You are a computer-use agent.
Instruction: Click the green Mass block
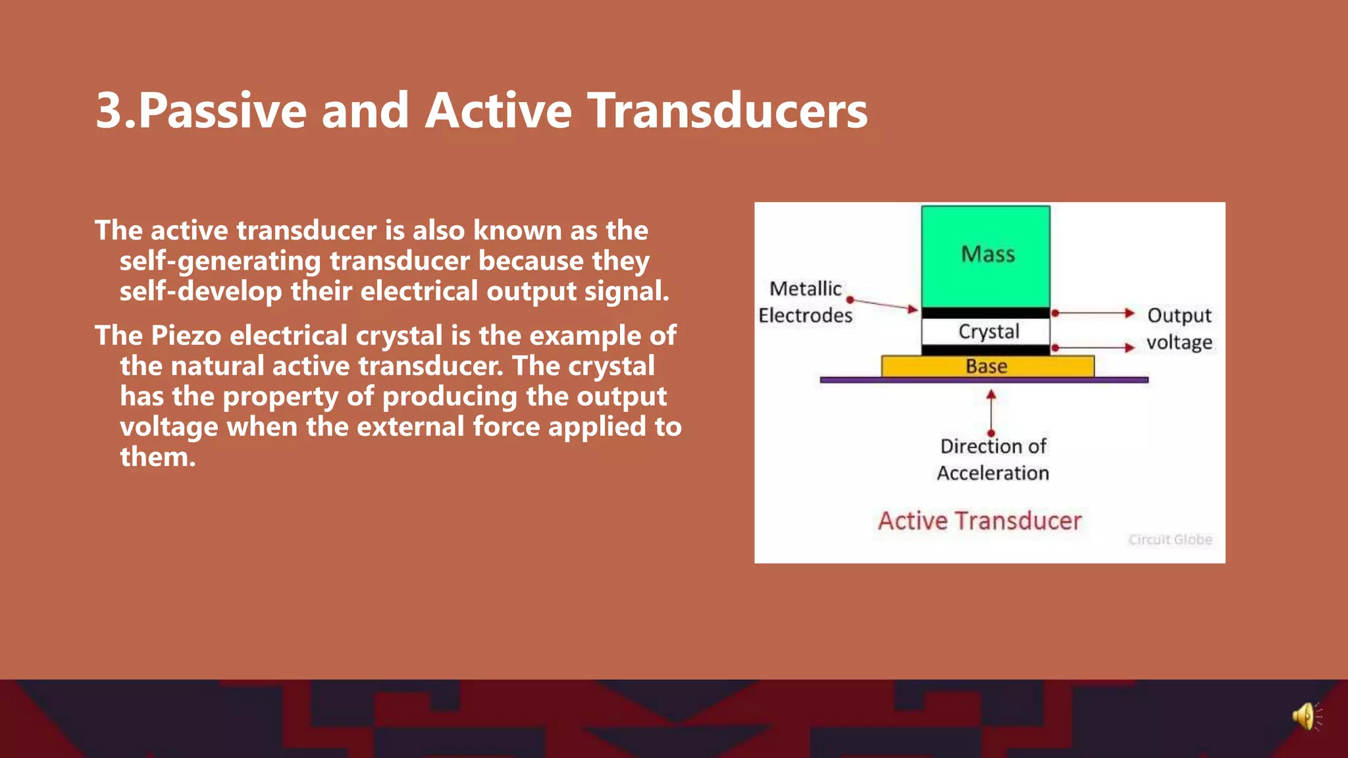(985, 256)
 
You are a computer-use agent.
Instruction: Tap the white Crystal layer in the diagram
(985, 332)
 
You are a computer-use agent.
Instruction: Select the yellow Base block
(987, 366)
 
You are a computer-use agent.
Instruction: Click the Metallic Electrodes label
(805, 302)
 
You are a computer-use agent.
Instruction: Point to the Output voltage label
(1179, 328)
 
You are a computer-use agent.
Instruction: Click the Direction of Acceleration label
(993, 459)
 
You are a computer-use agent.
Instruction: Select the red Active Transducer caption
(979, 521)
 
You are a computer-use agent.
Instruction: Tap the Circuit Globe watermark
(1170, 540)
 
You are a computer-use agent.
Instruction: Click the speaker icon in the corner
(1305, 716)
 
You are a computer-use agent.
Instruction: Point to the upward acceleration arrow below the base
(991, 412)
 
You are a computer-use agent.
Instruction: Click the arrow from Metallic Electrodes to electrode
(883, 305)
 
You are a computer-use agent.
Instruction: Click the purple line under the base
(983, 380)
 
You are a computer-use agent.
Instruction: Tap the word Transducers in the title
(727, 111)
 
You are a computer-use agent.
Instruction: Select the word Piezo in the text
(186, 336)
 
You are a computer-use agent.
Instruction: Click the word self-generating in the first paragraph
(220, 261)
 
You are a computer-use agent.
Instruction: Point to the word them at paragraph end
(157, 457)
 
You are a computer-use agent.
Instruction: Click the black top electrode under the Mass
(985, 313)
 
